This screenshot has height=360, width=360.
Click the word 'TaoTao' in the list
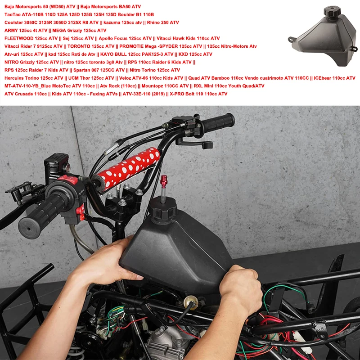click(x=13, y=15)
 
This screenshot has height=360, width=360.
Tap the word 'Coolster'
click(x=14, y=22)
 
